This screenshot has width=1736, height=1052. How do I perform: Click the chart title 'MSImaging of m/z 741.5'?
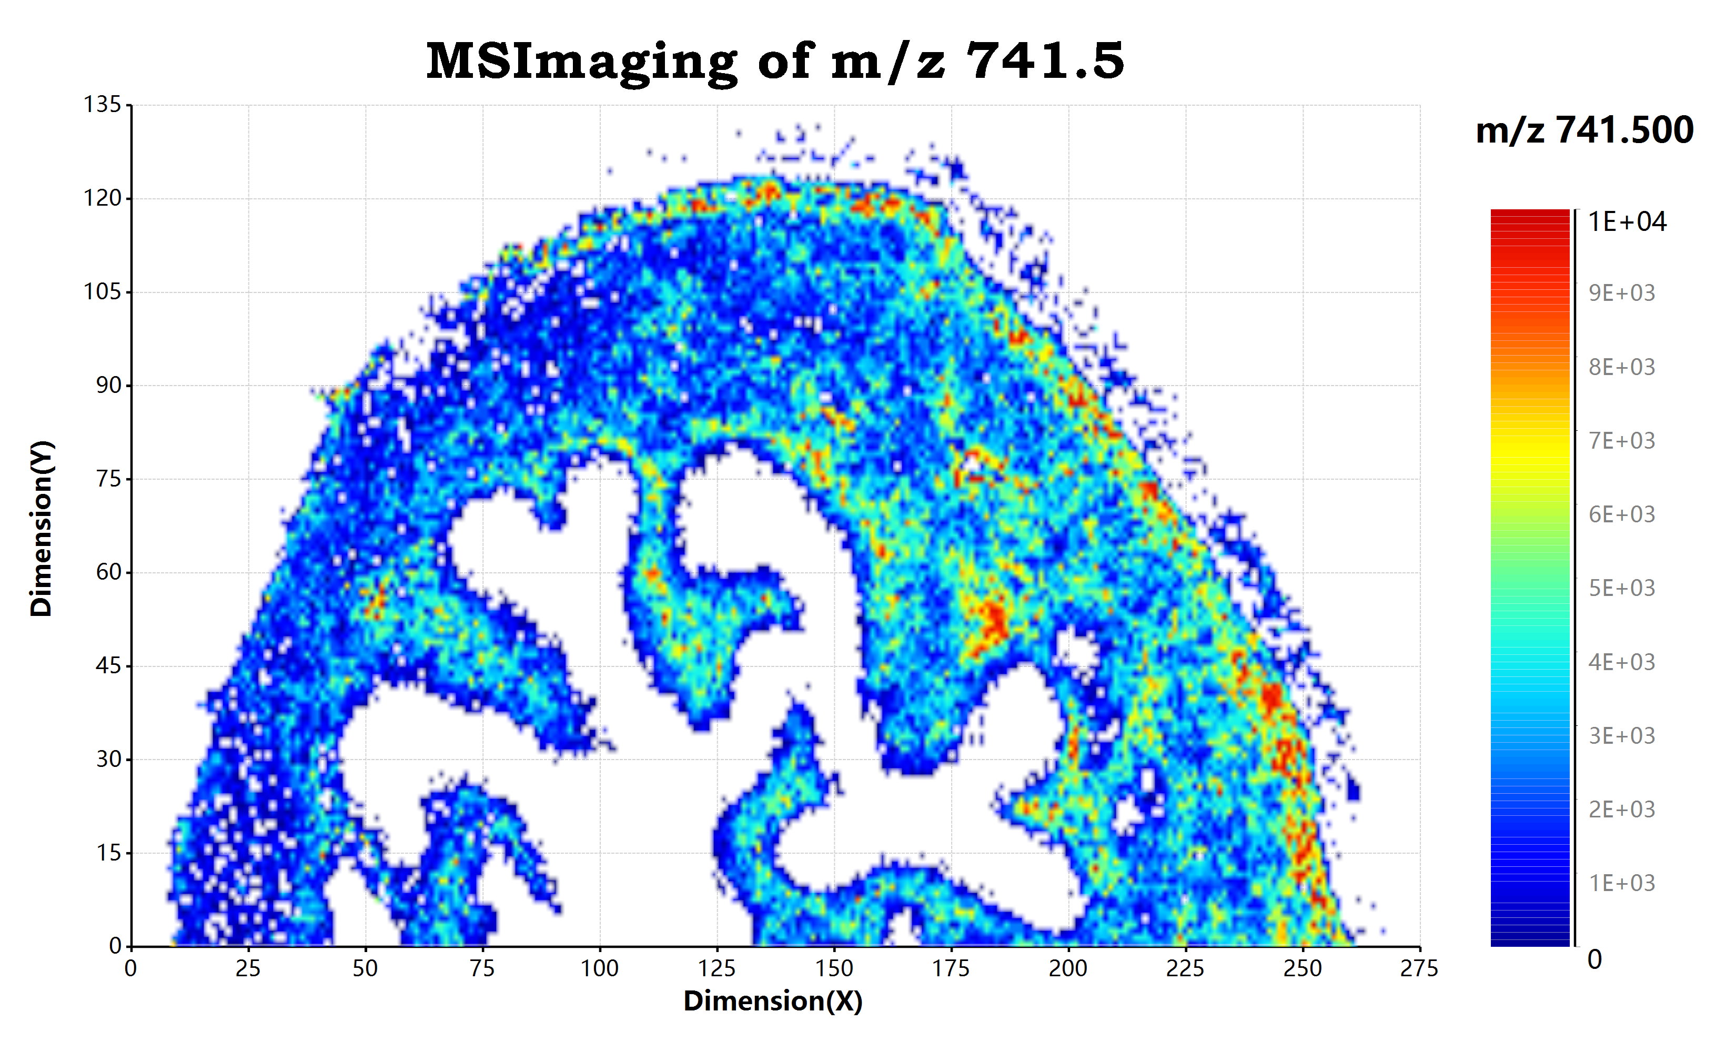[x=775, y=62]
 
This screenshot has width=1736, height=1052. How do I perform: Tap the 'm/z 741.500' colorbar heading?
[x=1584, y=130]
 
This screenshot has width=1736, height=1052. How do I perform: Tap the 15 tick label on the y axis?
[x=109, y=853]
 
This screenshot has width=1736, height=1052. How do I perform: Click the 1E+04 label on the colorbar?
[x=1627, y=222]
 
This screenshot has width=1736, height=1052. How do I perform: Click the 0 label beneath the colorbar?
[x=1594, y=960]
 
